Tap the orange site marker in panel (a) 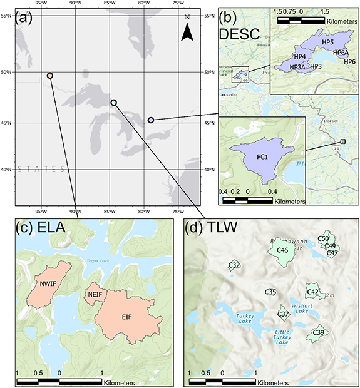(50, 76)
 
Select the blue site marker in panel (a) (151, 120)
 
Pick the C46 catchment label (282, 250)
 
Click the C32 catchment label (234, 265)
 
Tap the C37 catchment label (283, 314)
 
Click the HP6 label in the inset (349, 62)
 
